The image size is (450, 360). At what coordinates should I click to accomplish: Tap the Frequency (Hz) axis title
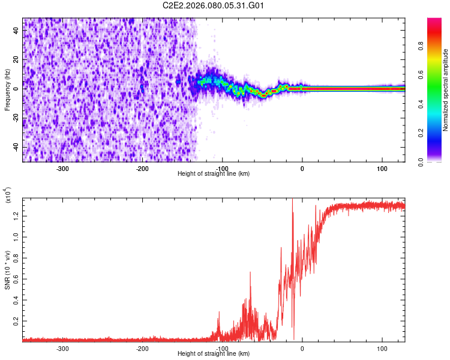point(7,90)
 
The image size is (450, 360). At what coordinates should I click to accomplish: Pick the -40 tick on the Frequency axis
point(15,147)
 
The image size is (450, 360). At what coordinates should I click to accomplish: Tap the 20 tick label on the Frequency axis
point(16,59)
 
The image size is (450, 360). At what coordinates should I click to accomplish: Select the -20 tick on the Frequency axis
point(15,118)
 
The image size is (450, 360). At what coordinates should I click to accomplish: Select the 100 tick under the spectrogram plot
point(382,169)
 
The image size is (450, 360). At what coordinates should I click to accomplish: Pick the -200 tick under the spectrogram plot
point(142,169)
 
